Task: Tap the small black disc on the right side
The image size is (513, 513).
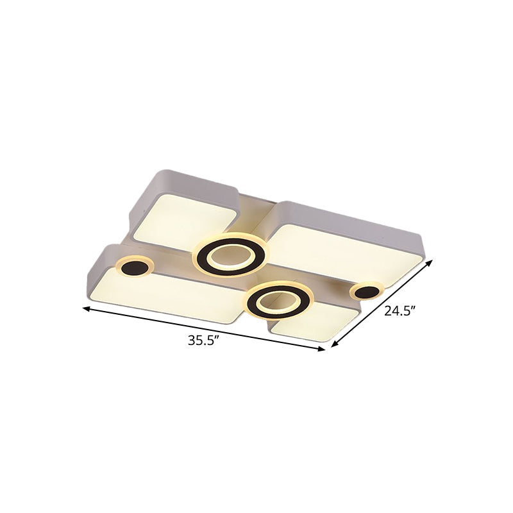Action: [x=366, y=292]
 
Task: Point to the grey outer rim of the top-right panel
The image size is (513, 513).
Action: [x=359, y=219]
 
